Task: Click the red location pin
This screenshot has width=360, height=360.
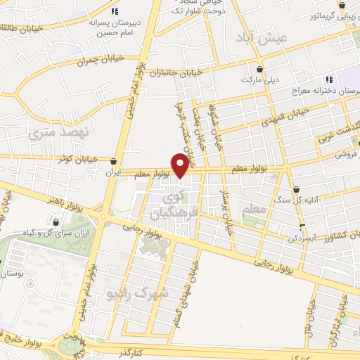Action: [x=180, y=166]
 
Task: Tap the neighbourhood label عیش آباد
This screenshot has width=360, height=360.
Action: [x=253, y=39]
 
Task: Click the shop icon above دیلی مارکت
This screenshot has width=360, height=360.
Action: [x=261, y=70]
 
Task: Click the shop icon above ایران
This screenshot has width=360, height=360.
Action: [x=114, y=161]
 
